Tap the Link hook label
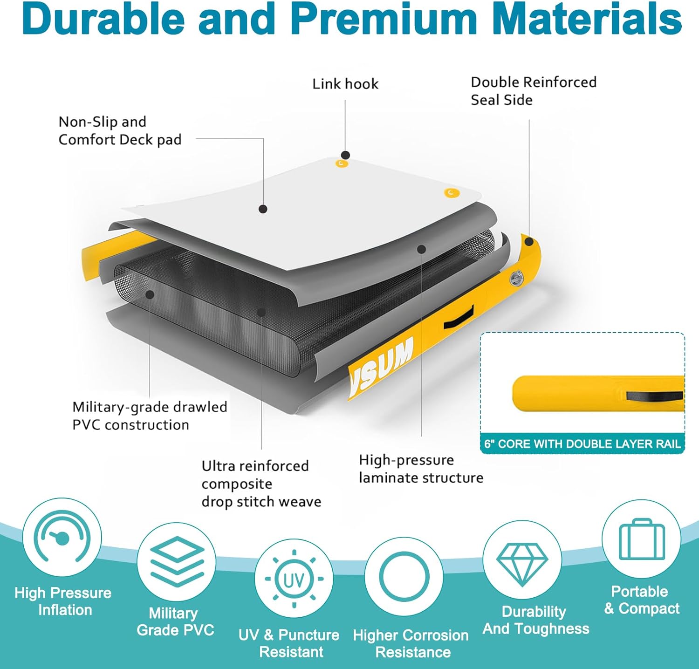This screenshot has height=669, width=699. point(345,84)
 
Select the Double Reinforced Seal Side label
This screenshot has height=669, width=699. point(534,91)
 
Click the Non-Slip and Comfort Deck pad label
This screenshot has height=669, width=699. point(120,131)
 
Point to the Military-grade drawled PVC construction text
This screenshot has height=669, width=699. point(150,416)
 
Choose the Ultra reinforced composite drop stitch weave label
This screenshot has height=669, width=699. point(261,484)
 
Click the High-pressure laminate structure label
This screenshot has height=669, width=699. point(421,469)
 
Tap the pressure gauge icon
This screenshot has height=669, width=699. point(62,537)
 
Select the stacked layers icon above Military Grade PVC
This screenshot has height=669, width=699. point(177,561)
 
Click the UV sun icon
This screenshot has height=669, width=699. point(294,579)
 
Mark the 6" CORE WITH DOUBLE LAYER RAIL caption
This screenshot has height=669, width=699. point(582,444)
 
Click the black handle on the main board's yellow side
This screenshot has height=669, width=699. point(459,317)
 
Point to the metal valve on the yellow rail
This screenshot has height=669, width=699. point(516,279)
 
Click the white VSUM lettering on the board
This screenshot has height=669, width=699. point(382,363)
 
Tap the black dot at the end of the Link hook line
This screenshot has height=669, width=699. point(345,155)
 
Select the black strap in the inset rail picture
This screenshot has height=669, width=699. point(655,396)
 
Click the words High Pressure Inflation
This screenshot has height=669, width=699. point(63,601)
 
